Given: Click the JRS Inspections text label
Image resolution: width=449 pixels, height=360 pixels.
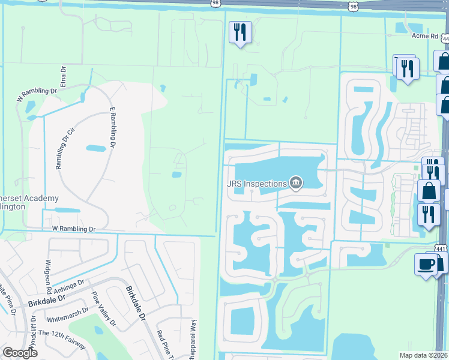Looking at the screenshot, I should (x=256, y=182).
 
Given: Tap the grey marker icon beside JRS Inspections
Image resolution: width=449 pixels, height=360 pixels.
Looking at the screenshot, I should (x=295, y=182).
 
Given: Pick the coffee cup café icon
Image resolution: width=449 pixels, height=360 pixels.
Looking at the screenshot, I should (x=425, y=265).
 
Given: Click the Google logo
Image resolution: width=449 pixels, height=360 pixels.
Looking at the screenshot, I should (x=20, y=353).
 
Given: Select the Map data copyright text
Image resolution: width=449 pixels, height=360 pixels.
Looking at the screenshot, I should (x=424, y=355).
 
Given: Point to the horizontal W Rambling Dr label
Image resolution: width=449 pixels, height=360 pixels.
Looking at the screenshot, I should (x=74, y=229).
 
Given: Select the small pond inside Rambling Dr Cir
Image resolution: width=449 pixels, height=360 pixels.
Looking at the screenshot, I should (x=95, y=148).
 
